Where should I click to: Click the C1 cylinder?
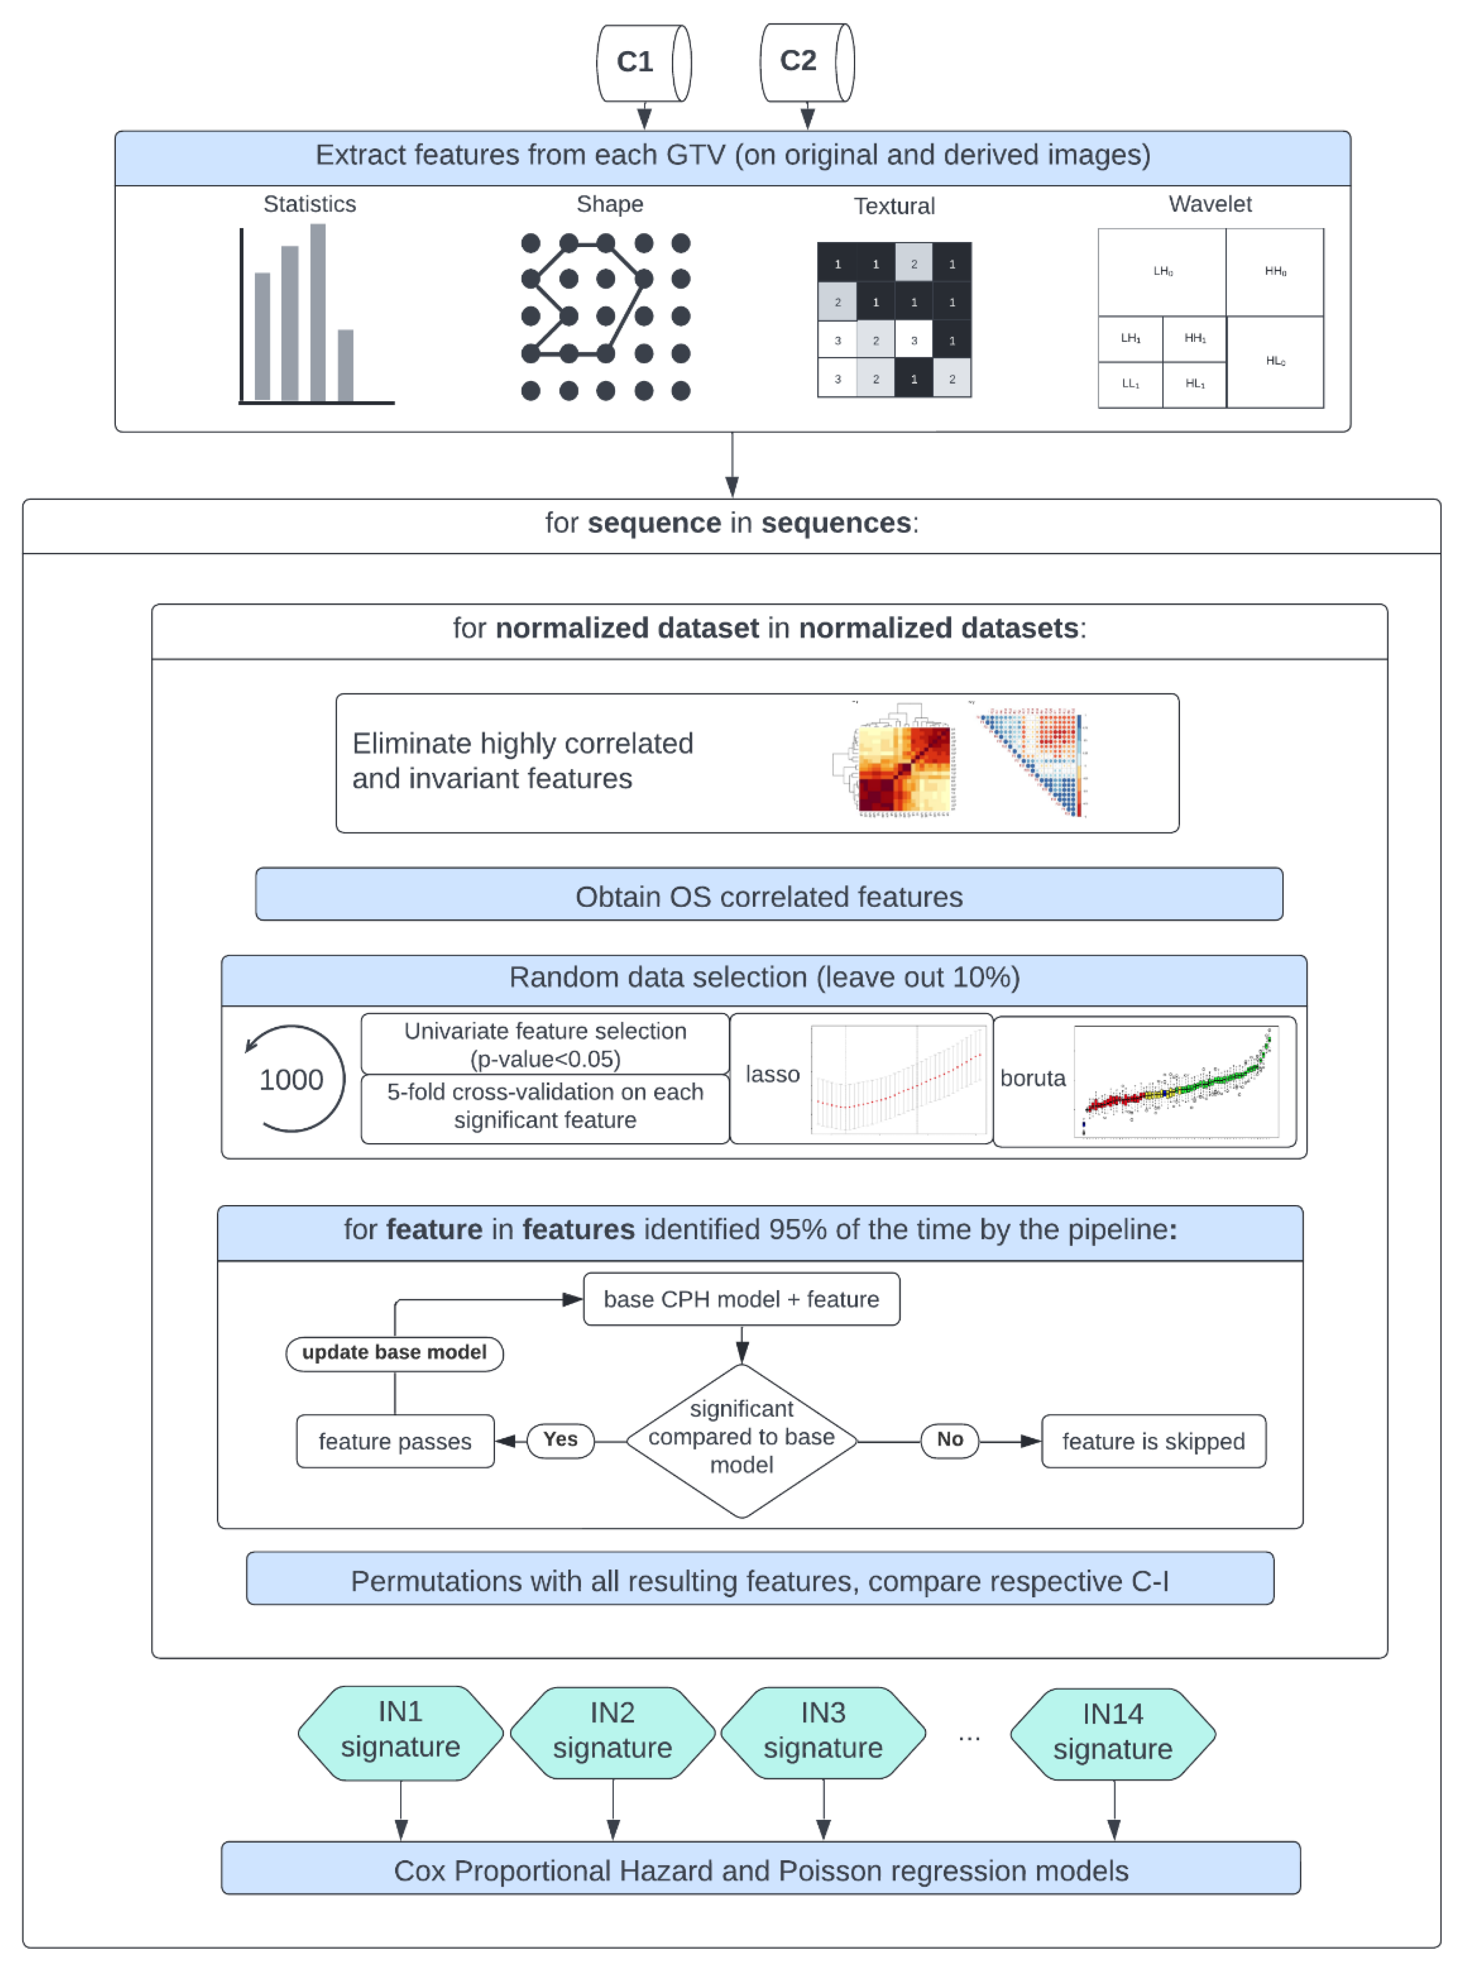tap(643, 63)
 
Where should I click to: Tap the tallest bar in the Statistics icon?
tap(318, 312)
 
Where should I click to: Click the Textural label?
tap(894, 206)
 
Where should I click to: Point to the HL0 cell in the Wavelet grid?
tap(1274, 361)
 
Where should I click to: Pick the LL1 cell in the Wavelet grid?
tap(1130, 384)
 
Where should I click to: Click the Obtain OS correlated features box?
tap(768, 896)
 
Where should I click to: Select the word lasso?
tap(771, 1074)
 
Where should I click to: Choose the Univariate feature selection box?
tap(545, 1044)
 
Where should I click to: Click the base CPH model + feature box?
tap(741, 1299)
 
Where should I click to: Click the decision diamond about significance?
tap(742, 1440)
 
